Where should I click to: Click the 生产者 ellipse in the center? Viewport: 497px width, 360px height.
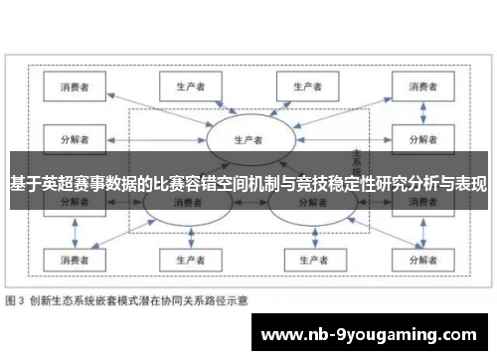pos(248,139)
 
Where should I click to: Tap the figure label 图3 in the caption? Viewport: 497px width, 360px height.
pos(16,300)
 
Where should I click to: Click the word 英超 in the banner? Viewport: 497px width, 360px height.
pos(47,184)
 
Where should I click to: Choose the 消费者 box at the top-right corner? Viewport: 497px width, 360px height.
pos(422,87)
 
